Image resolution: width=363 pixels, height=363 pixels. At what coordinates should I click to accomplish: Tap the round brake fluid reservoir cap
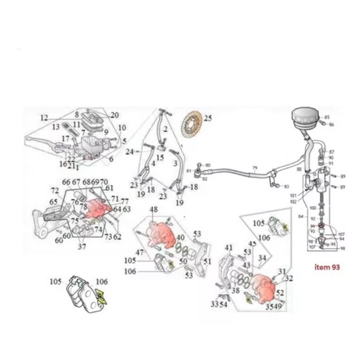tap(306, 114)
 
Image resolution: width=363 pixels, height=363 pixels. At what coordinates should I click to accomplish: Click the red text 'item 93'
tap(327, 267)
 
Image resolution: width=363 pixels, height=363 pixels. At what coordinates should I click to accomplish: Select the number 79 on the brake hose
tap(255, 168)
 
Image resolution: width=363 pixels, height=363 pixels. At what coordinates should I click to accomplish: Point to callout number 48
tap(154, 210)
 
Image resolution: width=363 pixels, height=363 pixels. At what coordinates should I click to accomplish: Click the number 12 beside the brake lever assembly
tap(44, 117)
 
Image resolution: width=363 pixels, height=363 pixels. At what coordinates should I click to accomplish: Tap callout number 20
tap(115, 115)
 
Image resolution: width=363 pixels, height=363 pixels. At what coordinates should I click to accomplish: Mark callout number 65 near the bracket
tap(53, 202)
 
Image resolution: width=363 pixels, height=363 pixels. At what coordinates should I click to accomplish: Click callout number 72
tap(54, 191)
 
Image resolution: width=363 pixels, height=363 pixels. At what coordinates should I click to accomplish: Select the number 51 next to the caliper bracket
tap(208, 261)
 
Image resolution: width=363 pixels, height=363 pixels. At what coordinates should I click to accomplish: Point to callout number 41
tap(228, 247)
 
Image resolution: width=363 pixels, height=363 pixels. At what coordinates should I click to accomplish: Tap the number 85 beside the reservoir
tap(327, 117)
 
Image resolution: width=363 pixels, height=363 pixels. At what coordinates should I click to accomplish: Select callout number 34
tap(261, 258)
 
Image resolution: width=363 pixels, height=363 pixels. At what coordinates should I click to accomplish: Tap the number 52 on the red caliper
tap(280, 292)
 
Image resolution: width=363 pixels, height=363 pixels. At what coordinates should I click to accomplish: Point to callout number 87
tap(331, 152)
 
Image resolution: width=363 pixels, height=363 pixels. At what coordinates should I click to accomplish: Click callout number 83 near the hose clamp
tap(286, 186)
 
